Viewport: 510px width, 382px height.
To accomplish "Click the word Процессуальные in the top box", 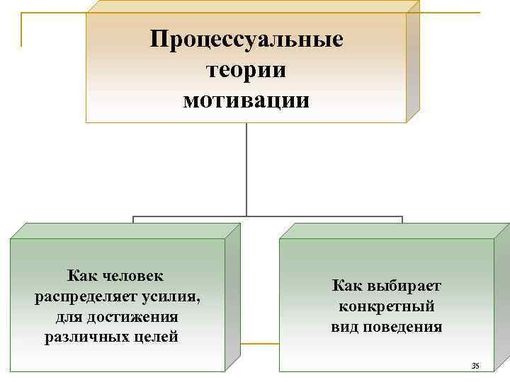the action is (x=246, y=39).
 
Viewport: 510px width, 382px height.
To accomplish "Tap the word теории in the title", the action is (x=246, y=69).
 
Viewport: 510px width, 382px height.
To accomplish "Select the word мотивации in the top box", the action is (x=246, y=100).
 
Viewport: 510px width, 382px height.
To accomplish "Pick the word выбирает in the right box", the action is (x=403, y=286).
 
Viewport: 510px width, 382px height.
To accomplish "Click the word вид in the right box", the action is (x=345, y=327).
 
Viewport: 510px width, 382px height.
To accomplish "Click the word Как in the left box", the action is (x=83, y=274).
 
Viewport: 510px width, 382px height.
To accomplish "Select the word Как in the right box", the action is (x=347, y=286).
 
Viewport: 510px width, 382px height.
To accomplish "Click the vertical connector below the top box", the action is (x=246, y=170).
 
